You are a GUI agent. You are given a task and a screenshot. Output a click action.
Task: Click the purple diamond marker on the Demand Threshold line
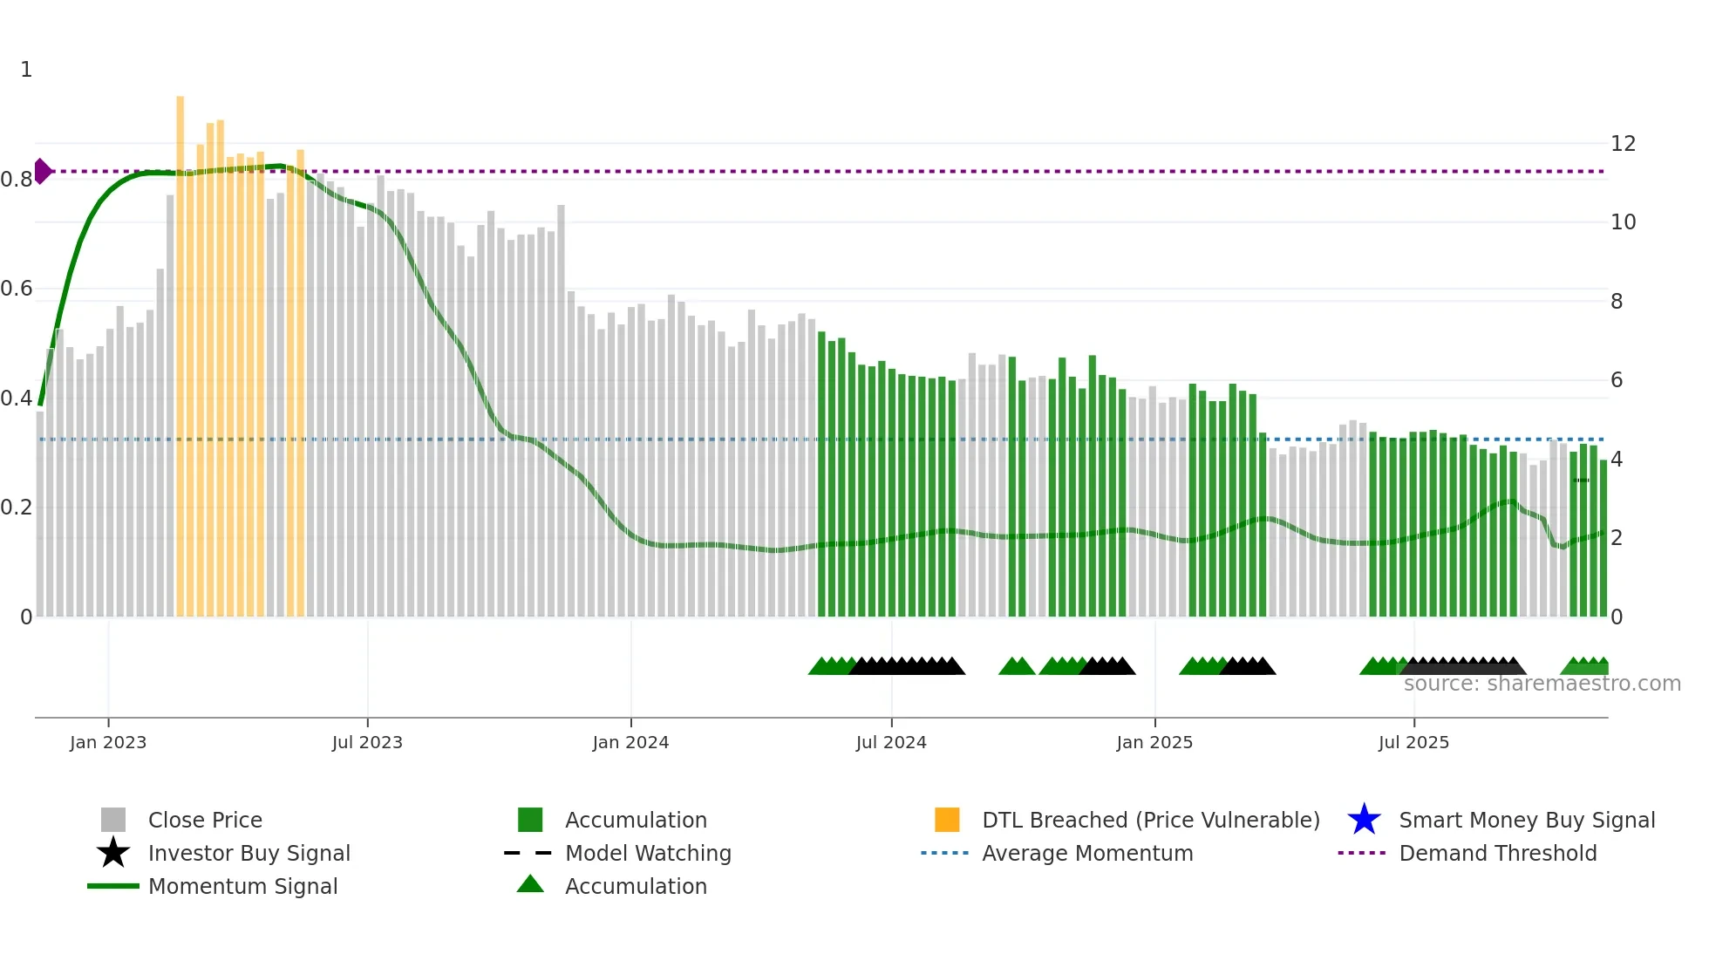pos(42,171)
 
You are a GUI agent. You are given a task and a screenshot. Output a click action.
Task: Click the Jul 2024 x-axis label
pos(891,742)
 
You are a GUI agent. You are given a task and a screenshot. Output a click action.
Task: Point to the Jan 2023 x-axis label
pos(108,742)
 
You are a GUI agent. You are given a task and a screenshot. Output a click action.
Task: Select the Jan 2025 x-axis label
pos(1154,742)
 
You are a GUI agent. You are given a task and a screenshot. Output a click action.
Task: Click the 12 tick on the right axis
pos(1623,144)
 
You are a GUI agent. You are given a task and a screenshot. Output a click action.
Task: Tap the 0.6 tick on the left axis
pos(17,289)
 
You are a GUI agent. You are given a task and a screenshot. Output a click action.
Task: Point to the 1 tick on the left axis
pos(26,70)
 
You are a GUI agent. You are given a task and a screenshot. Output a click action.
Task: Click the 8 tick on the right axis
pos(1617,302)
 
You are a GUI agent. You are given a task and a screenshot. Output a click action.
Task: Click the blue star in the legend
pos(1364,820)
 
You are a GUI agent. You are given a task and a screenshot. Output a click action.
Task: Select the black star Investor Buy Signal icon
pos(113,853)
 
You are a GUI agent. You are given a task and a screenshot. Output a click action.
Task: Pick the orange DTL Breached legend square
pos(947,820)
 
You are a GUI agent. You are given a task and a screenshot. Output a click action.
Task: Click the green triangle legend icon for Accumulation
pos(530,884)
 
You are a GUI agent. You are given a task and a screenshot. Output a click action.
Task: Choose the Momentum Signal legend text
pos(242,886)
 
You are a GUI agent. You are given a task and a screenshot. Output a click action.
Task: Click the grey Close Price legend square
pos(113,820)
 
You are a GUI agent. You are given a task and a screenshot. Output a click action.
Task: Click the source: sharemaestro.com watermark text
pos(1542,684)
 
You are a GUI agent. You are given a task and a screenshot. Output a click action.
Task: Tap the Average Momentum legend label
pos(1087,853)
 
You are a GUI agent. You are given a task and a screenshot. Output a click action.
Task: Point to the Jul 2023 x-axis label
pos(367,742)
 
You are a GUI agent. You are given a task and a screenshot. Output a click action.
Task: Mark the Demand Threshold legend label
pos(1497,853)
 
